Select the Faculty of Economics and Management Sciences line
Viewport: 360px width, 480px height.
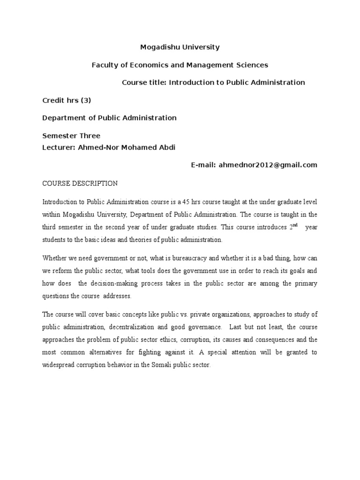[180, 65]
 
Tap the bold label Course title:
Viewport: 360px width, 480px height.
[144, 82]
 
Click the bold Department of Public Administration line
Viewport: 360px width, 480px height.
[109, 118]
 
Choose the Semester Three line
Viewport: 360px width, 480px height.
[71, 136]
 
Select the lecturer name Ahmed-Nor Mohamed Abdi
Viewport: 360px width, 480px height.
[129, 147]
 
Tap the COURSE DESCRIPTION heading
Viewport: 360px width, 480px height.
[80, 183]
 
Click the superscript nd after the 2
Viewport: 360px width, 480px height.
[295, 225]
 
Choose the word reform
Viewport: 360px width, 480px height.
[61, 270]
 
